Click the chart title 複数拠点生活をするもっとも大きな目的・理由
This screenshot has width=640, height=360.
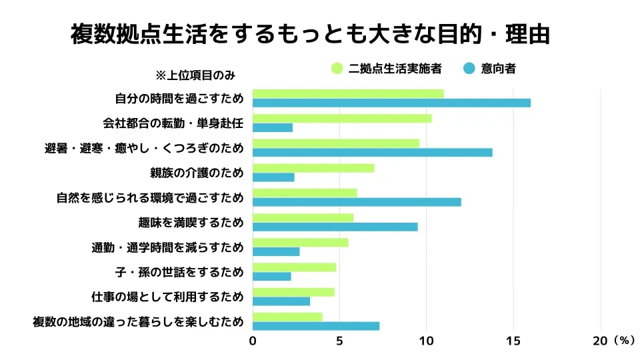pos(310,34)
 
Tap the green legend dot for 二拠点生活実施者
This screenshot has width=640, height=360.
pos(337,68)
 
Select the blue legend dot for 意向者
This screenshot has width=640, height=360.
pos(469,68)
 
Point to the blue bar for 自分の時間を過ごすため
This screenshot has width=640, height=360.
pos(391,103)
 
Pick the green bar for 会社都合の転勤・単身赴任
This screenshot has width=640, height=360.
pos(342,118)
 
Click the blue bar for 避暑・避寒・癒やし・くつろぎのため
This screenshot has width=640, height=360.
pos(372,152)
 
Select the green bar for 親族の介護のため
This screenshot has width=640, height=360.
pos(313,168)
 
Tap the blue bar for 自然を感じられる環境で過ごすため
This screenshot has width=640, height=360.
pos(357,202)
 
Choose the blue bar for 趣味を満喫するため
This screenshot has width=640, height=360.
pos(335,227)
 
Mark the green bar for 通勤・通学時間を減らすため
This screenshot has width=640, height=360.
pos(300,243)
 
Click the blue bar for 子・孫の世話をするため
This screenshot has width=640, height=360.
pos(272,277)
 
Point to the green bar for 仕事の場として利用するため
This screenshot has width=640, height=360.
pos(293,292)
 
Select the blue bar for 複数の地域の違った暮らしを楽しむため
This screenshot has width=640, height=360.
pos(316,326)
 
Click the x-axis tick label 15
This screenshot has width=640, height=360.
pos(513,341)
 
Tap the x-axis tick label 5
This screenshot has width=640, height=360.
pos(339,341)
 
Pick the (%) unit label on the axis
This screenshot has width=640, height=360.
pos(623,341)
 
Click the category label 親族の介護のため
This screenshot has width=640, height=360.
pos(197,173)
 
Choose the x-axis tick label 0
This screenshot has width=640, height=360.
pos(253,341)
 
